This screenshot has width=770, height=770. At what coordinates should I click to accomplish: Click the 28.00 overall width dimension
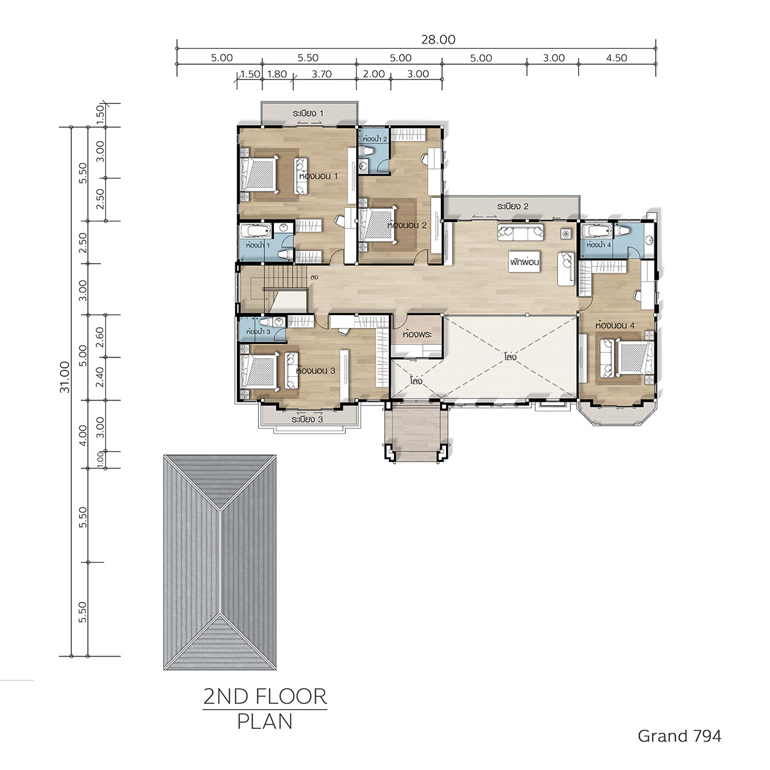[x=438, y=40]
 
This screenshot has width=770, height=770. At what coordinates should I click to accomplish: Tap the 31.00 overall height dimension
[x=65, y=377]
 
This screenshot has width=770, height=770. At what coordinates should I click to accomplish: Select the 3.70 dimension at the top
[x=321, y=74]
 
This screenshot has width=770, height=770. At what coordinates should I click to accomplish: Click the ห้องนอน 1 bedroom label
[x=318, y=176]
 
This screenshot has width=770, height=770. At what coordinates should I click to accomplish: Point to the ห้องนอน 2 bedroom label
[x=407, y=225]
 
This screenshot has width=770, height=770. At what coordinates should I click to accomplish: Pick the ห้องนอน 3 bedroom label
[x=315, y=370]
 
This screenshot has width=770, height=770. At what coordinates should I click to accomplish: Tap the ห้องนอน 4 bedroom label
[x=615, y=325]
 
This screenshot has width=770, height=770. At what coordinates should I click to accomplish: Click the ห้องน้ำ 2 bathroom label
[x=374, y=139]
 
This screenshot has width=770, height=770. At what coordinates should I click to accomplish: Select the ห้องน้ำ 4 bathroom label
[x=599, y=244]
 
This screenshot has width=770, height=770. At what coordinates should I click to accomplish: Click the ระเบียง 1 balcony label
[x=308, y=114]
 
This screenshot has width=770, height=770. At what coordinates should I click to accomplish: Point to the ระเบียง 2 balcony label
[x=513, y=206]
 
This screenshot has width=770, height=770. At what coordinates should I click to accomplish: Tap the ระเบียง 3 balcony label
[x=307, y=419]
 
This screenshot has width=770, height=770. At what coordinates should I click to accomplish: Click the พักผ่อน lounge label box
[x=524, y=262]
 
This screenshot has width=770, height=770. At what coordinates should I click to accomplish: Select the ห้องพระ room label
[x=417, y=334]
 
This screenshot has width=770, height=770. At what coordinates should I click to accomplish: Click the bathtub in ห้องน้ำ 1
[x=255, y=231]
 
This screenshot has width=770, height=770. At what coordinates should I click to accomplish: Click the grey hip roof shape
[x=220, y=563]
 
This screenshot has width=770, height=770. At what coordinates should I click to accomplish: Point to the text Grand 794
[x=680, y=735]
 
